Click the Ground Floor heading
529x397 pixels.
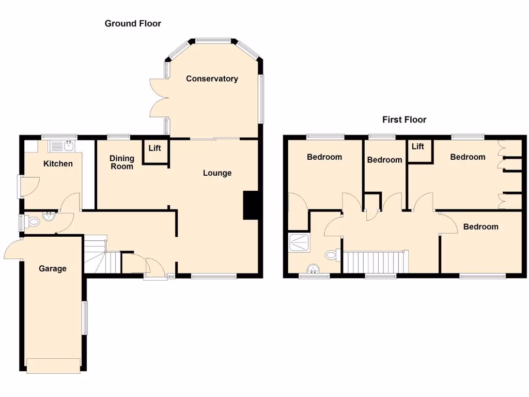pos(133,23)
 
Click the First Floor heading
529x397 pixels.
pos(404,119)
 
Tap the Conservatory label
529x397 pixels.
pos(212,79)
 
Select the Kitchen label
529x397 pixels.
pos(58,164)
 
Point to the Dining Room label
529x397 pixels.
pos(122,162)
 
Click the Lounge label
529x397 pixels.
pos(217,173)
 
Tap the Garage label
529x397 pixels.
pos(53,268)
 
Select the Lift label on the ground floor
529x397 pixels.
pos(154,148)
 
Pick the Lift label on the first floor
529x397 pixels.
pos(418,147)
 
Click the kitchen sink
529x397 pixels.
pos(61,146)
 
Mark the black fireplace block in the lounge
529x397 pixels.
pos(251,206)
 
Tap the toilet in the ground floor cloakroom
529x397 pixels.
pos(34,222)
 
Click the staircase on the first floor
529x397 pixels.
pos(376,261)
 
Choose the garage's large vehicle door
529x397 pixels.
pos(54,365)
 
